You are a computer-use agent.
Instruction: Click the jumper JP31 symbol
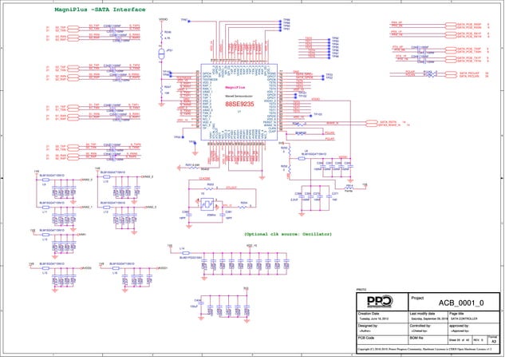tap(161, 53)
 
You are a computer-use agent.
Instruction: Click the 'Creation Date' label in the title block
tap(369, 315)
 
